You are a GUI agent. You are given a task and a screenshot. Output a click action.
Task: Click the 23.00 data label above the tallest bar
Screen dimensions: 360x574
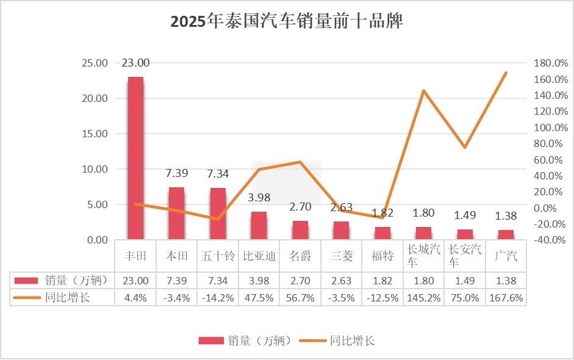click(x=135, y=62)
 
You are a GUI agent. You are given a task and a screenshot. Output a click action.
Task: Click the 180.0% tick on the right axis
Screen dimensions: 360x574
click(x=550, y=63)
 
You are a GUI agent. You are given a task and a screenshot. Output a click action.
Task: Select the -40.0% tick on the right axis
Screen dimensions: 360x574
click(x=550, y=240)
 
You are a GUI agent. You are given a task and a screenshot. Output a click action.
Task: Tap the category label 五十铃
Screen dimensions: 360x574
click(x=218, y=256)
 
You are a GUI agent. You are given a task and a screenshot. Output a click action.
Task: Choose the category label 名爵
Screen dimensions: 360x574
click(x=300, y=256)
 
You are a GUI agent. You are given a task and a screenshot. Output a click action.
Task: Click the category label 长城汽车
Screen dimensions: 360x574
click(x=423, y=256)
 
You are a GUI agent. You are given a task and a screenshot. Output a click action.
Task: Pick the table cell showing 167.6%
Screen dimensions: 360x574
click(x=506, y=298)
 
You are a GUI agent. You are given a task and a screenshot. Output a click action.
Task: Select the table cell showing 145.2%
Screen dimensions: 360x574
click(x=423, y=298)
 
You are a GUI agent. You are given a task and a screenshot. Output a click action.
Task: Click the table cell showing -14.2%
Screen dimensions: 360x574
click(x=218, y=298)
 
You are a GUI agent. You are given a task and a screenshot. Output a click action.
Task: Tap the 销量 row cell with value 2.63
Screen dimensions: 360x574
click(x=341, y=281)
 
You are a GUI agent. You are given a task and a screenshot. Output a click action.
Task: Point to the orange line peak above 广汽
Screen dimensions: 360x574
click(x=506, y=73)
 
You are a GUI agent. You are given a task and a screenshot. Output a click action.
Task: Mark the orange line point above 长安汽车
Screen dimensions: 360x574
click(x=465, y=147)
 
